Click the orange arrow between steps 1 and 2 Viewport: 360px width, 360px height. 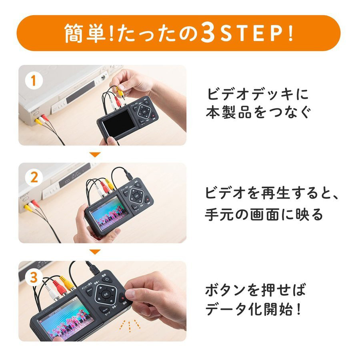pyautogui.click(x=94, y=154)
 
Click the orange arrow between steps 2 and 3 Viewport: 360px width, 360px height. pyautogui.click(x=94, y=252)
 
